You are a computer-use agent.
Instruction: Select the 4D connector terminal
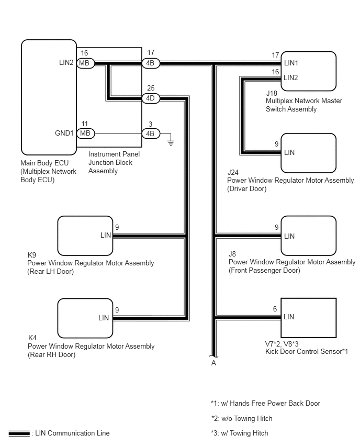pos(150,98)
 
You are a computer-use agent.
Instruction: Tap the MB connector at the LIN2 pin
pos(85,63)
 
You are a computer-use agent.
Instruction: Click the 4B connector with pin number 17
pos(150,63)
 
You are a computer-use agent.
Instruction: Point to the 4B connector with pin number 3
pos(151,133)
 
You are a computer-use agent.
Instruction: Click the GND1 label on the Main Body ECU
pos(64,133)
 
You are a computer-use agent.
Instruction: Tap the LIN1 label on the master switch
pos(291,63)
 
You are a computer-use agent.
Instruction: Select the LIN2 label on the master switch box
pos(291,77)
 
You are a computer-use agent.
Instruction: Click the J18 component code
pos(272,93)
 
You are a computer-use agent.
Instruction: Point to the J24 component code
pos(233,172)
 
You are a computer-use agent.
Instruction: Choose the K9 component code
pos(31,255)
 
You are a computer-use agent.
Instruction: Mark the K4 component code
pos(32,338)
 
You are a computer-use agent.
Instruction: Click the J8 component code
pos(232,254)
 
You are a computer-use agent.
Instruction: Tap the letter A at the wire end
pos(213,363)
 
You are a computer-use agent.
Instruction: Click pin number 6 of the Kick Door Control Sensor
pos(275,309)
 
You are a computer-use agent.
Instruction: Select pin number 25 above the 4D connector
pos(151,88)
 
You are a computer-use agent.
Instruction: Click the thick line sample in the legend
pos(19,433)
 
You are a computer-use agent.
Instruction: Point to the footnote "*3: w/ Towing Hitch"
pos(240,433)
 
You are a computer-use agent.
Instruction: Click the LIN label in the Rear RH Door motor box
pos(104,318)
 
